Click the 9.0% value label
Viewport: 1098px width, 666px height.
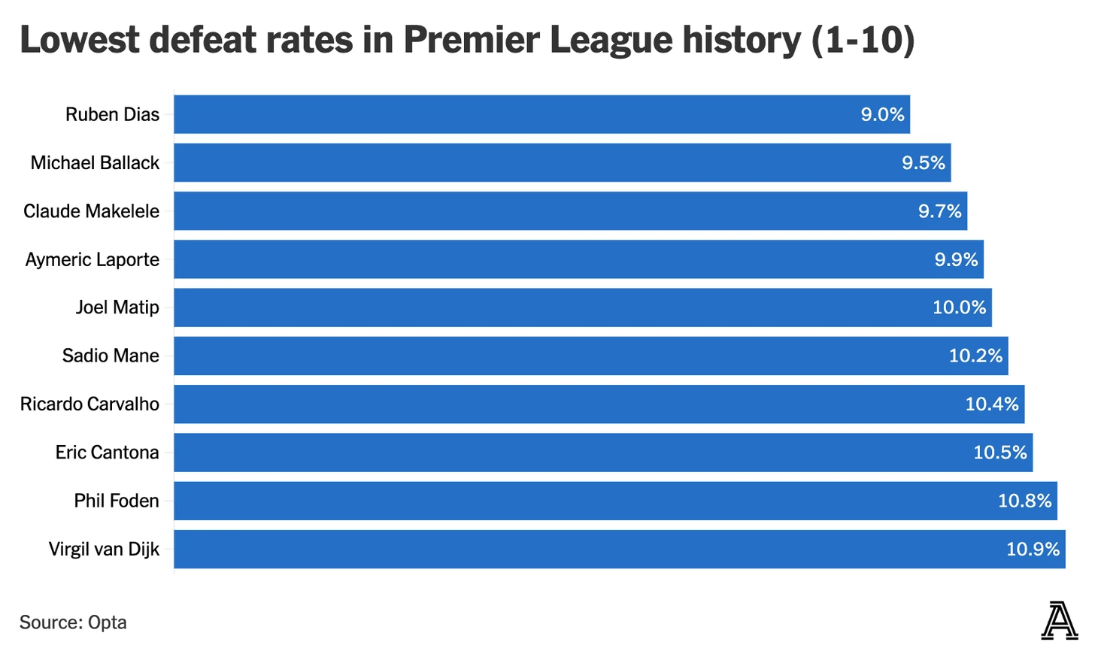click(x=882, y=115)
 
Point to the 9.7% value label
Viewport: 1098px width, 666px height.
click(x=939, y=211)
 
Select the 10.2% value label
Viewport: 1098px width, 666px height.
click(x=975, y=356)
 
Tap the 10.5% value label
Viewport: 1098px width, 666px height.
click(x=999, y=453)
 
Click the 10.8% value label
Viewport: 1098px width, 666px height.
click(x=1024, y=501)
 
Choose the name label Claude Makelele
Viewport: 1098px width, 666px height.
click(x=91, y=211)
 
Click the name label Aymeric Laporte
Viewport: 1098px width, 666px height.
click(x=93, y=259)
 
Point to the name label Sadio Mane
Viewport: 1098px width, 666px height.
click(x=111, y=356)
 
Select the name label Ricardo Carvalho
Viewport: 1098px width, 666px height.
click(x=89, y=404)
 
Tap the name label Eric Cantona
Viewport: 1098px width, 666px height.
click(x=107, y=453)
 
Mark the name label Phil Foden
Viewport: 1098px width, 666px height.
click(x=117, y=501)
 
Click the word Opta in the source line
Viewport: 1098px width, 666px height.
click(x=108, y=622)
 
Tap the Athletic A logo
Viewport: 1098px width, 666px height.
click(x=1059, y=621)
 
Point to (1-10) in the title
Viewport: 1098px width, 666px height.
click(x=863, y=40)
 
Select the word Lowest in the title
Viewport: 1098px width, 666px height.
click(x=78, y=40)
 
